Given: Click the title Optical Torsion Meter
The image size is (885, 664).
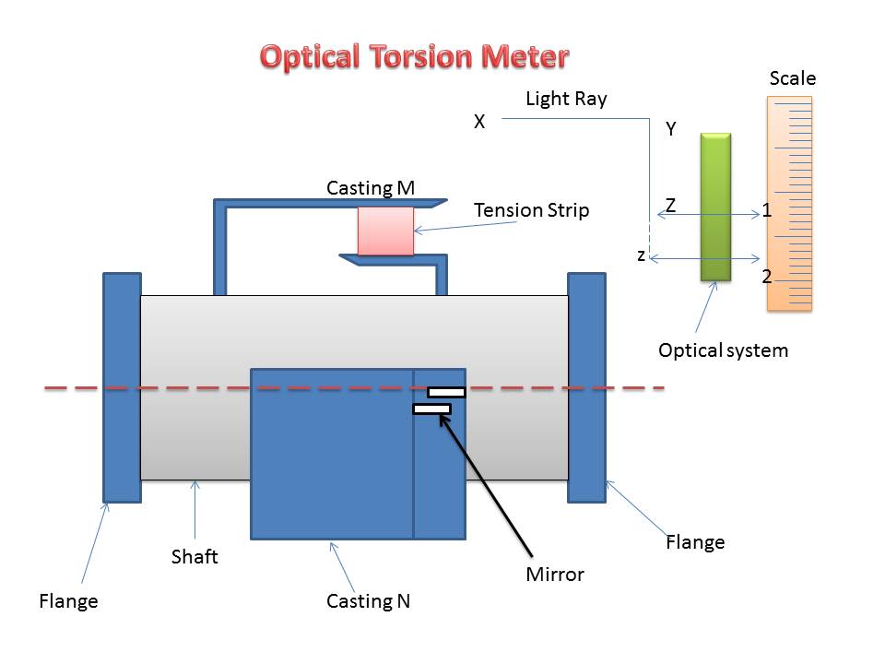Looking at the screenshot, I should (414, 56).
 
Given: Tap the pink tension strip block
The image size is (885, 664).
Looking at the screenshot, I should (385, 231).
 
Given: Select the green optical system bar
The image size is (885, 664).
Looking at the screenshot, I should (715, 207).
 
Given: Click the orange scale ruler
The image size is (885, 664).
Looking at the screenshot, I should (789, 203).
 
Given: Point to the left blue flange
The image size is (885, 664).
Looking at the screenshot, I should (122, 387).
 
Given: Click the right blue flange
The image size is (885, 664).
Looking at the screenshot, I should (586, 387).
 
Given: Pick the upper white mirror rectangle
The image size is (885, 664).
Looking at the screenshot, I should (446, 393).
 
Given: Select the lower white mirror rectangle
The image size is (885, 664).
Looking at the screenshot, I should (431, 409).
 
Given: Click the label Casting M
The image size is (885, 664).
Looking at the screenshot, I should (371, 188).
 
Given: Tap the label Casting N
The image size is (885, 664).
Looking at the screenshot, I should (368, 601).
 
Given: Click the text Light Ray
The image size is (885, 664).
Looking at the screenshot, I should (566, 99).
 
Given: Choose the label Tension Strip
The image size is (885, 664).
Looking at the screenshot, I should (531, 210).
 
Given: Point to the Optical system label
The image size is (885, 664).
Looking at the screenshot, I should (723, 350).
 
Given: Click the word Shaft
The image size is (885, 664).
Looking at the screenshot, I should (195, 556).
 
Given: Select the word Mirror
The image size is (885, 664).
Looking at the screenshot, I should (555, 575).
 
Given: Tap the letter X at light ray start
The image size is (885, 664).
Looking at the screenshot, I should (479, 121).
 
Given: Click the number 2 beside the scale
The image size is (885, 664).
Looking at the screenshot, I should (766, 276).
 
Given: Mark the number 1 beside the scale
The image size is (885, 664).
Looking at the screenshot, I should (766, 211).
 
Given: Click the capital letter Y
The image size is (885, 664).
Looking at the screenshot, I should (671, 130).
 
